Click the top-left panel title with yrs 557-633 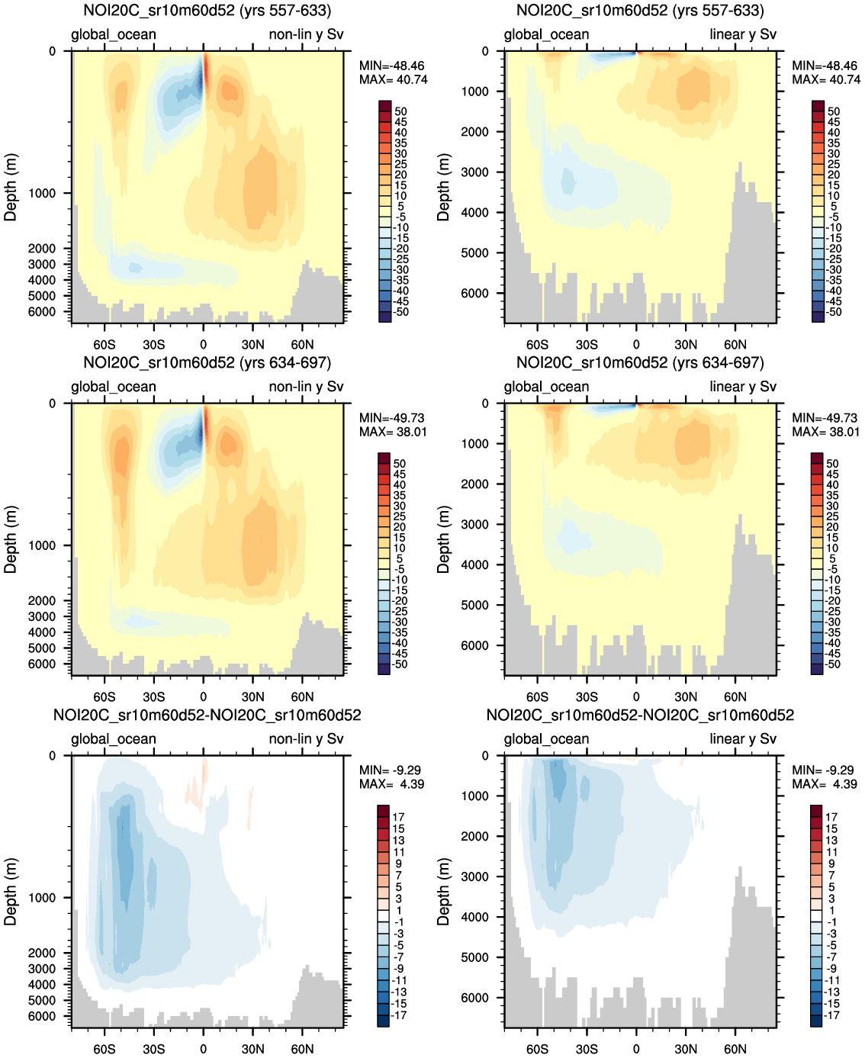(x=207, y=11)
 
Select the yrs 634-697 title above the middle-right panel (x=640, y=363)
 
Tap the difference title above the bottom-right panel (x=640, y=716)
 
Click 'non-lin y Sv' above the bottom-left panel (x=306, y=739)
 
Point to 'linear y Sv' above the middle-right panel (x=742, y=387)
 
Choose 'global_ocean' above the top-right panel (x=546, y=34)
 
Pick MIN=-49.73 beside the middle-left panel (x=393, y=418)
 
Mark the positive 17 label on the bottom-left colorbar (x=398, y=817)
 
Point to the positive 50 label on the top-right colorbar (x=833, y=111)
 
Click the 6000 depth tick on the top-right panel (x=474, y=294)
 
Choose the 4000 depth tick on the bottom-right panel (x=474, y=917)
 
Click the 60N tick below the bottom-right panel (x=735, y=1049)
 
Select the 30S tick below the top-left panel (x=153, y=345)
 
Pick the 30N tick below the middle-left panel (x=252, y=696)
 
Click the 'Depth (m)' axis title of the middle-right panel (x=444, y=539)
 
